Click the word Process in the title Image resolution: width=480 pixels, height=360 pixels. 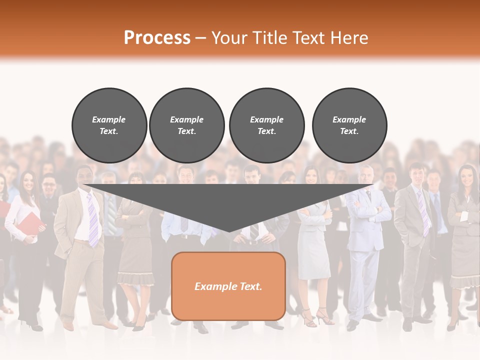pyautogui.click(x=157, y=38)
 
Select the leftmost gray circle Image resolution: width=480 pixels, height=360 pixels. pyautogui.click(x=109, y=125)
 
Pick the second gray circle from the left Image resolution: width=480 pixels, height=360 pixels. pyautogui.click(x=186, y=125)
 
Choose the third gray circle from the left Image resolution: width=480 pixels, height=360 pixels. pyautogui.click(x=266, y=125)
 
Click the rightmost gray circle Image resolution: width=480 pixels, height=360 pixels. pyautogui.click(x=349, y=125)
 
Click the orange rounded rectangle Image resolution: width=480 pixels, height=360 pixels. pyautogui.click(x=228, y=286)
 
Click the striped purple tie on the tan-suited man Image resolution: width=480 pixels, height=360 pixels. pyautogui.click(x=93, y=220)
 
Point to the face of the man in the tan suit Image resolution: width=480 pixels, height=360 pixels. pyautogui.click(x=84, y=176)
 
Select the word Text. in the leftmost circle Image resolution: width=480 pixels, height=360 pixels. pyautogui.click(x=109, y=131)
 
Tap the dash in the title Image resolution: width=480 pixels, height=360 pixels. pyautogui.click(x=201, y=38)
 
